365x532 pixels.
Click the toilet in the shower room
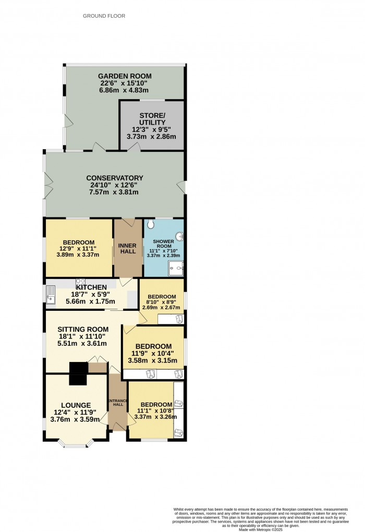coord(151,224)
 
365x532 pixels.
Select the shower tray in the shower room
coord(175,269)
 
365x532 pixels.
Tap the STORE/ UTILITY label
coord(152,119)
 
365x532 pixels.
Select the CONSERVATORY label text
coord(115,178)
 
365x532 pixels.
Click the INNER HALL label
coord(128,248)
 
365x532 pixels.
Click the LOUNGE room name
coord(76,405)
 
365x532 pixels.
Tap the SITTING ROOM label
coord(83,329)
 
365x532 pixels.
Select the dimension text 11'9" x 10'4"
coord(153,354)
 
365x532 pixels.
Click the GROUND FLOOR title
coord(104,16)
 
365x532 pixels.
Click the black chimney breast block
coord(79,373)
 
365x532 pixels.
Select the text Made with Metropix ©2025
coord(268,529)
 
